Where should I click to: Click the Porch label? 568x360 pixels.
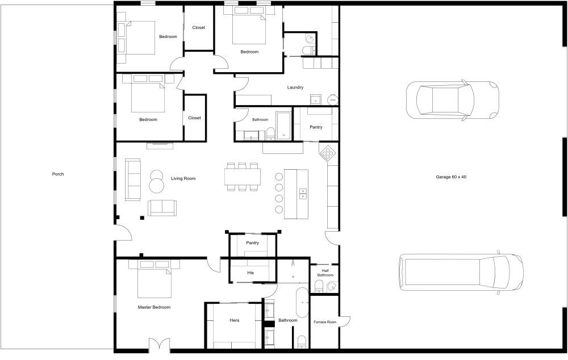tap(57, 174)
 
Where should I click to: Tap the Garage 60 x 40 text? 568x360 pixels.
tap(451, 177)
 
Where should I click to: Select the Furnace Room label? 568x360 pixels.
tap(325, 323)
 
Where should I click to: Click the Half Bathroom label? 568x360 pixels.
tap(325, 273)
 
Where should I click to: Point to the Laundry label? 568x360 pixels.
tap(295, 87)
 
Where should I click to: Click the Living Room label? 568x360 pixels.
tap(183, 178)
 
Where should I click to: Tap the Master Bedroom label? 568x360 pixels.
tap(154, 307)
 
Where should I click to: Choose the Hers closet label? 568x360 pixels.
tap(234, 320)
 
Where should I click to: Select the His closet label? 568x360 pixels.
tap(250, 273)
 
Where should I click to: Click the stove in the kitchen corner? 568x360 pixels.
tap(329, 152)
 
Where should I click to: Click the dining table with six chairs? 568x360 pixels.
tap(243, 177)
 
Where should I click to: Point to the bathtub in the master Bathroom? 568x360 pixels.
tap(302, 302)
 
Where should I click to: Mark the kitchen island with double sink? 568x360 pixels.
tap(295, 193)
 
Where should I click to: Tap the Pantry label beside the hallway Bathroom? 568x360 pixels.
tap(316, 127)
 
